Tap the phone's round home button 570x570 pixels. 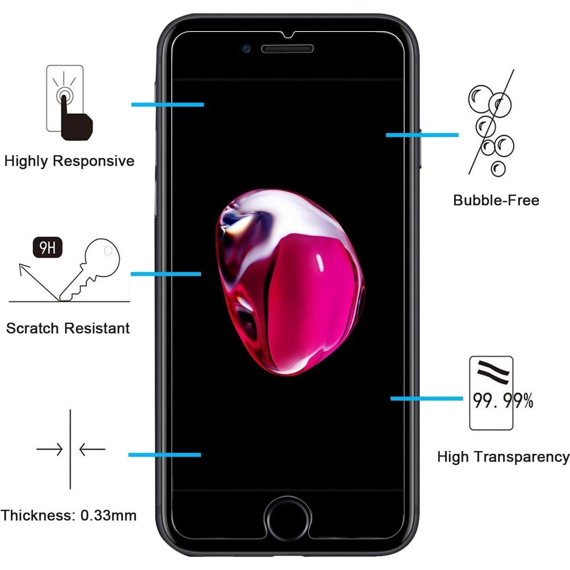click(x=287, y=518)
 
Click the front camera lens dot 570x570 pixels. click(x=247, y=49)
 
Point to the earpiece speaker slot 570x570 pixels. click(x=287, y=49)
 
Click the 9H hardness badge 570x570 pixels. click(x=47, y=248)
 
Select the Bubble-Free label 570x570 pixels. click(x=496, y=201)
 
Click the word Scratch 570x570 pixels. click(x=32, y=328)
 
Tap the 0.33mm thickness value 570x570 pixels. click(x=108, y=515)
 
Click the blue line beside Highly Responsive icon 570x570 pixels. click(x=167, y=104)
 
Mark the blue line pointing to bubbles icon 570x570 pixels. click(x=422, y=135)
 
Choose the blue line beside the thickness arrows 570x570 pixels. click(x=164, y=455)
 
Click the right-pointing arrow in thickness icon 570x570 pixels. click(x=50, y=449)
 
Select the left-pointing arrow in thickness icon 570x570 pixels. click(x=92, y=449)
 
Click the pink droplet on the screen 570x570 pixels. click(x=290, y=282)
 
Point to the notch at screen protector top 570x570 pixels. click(x=288, y=35)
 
